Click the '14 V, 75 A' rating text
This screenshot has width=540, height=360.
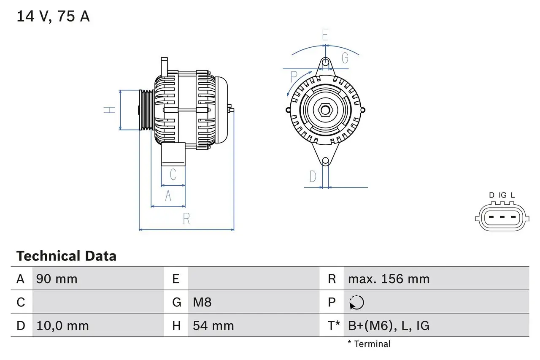point(53,16)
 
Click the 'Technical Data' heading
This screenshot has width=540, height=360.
point(66,256)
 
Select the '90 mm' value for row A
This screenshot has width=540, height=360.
point(57,279)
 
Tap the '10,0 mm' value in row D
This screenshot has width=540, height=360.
point(62,326)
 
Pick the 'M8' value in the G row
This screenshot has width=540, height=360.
point(202,303)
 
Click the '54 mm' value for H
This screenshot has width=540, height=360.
point(213,326)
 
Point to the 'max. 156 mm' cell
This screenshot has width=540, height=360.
point(389,279)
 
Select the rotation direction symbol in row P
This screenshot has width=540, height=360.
point(356,303)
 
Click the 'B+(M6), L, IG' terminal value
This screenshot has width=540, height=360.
point(389,326)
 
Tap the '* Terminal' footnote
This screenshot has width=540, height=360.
point(369,344)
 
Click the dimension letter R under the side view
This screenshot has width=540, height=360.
point(186,219)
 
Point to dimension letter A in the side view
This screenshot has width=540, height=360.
point(168,196)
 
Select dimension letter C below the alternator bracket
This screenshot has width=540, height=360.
point(173,174)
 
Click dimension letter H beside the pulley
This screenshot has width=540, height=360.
point(110,110)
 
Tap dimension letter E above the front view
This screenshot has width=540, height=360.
point(325,35)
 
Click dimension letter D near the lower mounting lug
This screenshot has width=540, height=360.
point(313,176)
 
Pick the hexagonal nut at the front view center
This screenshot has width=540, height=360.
point(325,110)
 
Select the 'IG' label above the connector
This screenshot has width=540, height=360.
point(502,195)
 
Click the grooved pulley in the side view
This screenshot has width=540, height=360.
point(146,110)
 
